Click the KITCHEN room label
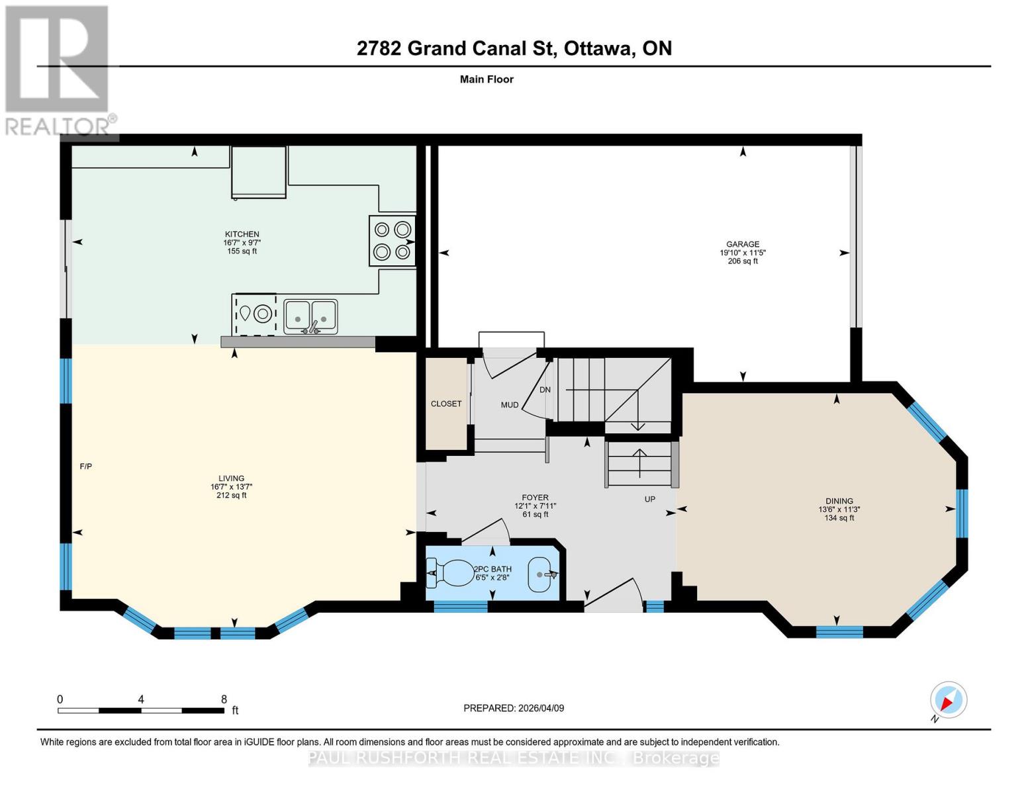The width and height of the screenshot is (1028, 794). click(x=242, y=234)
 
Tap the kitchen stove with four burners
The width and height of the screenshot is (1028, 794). click(x=392, y=241)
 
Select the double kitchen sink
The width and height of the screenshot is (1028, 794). click(x=310, y=317)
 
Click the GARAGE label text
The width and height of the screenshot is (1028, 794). click(x=743, y=244)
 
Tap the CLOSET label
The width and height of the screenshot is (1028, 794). click(x=446, y=404)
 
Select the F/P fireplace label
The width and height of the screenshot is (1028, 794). click(x=86, y=466)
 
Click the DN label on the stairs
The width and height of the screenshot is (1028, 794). click(x=545, y=390)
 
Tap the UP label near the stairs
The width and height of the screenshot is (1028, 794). click(x=650, y=499)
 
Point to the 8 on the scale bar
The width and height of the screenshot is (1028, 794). click(x=224, y=699)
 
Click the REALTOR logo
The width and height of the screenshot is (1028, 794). click(x=58, y=69)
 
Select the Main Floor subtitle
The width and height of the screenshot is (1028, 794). click(x=487, y=79)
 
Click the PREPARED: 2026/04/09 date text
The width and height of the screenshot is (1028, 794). click(x=514, y=708)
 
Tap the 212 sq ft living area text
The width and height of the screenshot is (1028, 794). click(x=232, y=496)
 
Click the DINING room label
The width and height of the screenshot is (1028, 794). click(x=839, y=501)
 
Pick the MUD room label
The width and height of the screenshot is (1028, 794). click(x=509, y=405)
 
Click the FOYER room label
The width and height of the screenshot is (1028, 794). click(x=535, y=498)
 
